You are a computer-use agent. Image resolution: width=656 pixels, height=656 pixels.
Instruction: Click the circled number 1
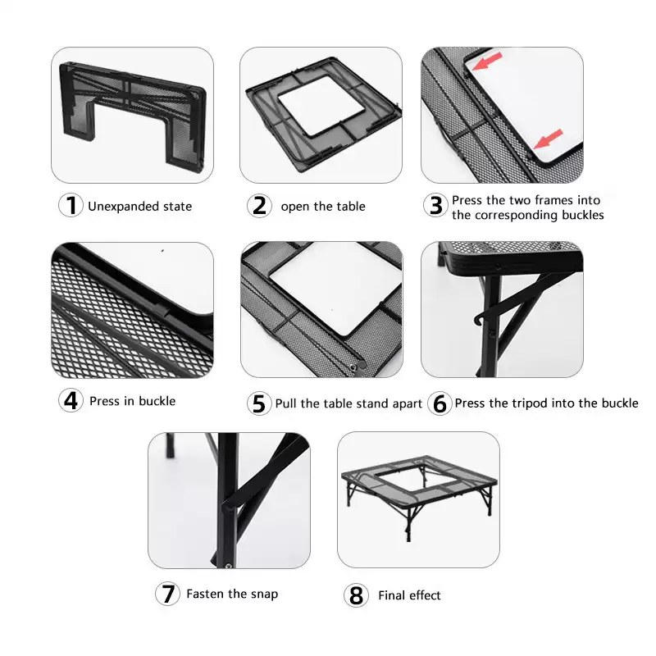(71, 205)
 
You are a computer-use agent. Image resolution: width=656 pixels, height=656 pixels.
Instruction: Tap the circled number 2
(259, 206)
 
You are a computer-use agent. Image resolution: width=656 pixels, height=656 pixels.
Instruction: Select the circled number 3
(435, 205)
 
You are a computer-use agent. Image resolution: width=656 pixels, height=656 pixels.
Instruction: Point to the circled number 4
(71, 400)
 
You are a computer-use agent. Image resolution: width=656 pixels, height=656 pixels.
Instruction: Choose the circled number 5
(259, 403)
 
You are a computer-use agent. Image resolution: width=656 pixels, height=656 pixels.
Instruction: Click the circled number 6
(440, 403)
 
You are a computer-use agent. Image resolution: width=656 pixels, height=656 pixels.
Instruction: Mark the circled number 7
(168, 593)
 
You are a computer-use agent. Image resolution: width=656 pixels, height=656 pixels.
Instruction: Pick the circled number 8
(356, 595)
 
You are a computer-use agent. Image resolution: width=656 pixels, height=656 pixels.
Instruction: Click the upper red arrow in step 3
(487, 61)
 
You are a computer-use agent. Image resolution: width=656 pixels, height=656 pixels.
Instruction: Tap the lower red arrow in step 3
(548, 139)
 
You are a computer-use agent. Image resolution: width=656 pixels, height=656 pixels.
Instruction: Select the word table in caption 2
(350, 207)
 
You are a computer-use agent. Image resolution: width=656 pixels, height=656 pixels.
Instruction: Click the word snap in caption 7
(264, 594)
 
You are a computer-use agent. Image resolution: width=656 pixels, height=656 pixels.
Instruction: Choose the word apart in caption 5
(406, 404)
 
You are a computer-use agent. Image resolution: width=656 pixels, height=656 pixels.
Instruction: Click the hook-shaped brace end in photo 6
(478, 320)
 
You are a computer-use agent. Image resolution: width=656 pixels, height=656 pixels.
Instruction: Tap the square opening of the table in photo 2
(321, 106)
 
